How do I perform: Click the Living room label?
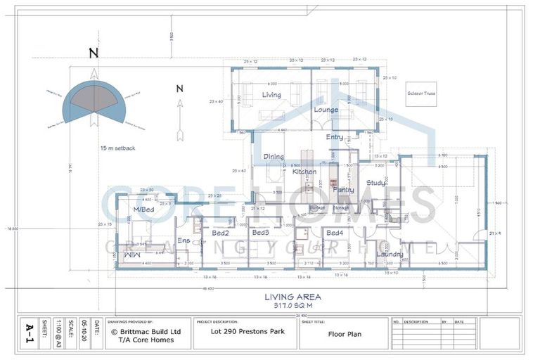coord(271,95)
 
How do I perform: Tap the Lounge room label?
coord(326,110)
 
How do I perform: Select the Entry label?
coord(335,137)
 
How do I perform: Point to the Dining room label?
coord(274,157)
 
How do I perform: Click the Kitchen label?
coord(304,172)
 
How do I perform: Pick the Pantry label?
coord(343,190)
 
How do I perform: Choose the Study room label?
coord(376,183)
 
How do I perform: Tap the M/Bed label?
coord(144,210)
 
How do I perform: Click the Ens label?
coord(184,240)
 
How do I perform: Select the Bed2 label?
coord(221,233)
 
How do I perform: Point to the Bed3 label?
coord(261,233)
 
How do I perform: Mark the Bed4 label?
coord(334,233)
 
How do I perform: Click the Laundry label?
coord(390,254)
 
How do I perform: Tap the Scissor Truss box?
coord(421,94)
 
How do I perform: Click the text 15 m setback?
coord(118,149)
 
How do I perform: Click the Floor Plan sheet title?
coord(345,334)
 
